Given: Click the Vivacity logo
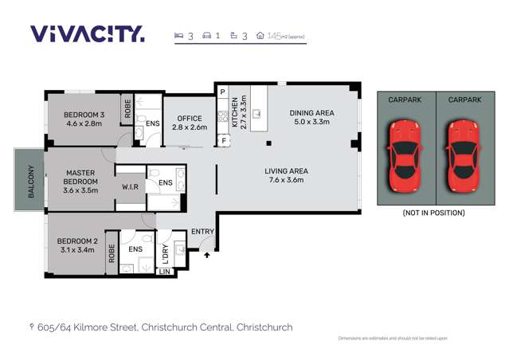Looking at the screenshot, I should click(x=88, y=33).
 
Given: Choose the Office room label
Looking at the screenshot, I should click(x=189, y=123).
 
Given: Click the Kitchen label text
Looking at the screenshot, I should click(x=234, y=112).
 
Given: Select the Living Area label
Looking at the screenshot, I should click(x=286, y=175).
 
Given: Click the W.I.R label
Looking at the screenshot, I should click(x=131, y=187).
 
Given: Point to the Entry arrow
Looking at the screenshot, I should click(x=208, y=255).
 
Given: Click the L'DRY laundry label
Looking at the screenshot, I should click(x=166, y=253).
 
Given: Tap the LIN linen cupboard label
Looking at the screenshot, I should click(x=165, y=272).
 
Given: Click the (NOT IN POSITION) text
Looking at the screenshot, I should click(x=433, y=213).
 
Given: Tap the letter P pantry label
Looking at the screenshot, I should click(x=224, y=92).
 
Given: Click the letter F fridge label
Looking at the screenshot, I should click(x=224, y=141).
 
